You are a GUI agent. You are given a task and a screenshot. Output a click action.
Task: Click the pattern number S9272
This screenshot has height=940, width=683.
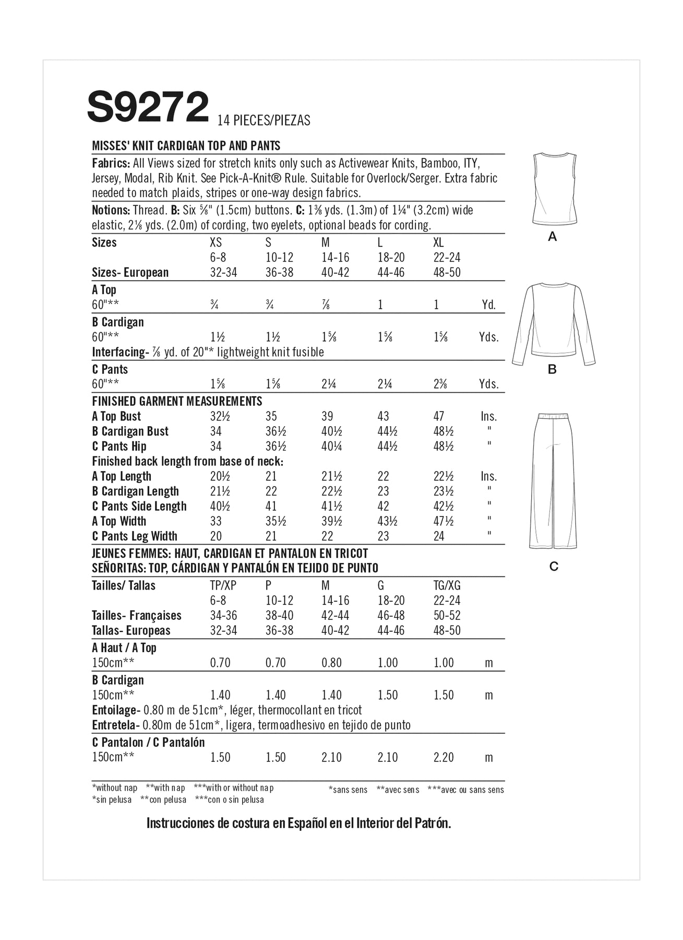tap(148, 108)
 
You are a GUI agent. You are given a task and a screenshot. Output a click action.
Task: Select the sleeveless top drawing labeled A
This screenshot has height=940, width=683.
tap(554, 189)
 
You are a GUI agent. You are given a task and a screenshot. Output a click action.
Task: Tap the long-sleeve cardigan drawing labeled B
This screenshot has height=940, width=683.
tap(553, 323)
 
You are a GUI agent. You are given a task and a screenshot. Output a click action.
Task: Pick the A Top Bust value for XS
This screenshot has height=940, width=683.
tap(219, 417)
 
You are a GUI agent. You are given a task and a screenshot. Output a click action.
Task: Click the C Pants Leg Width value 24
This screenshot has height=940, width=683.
tap(439, 536)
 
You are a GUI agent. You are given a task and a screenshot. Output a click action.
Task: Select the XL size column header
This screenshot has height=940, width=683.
tap(438, 243)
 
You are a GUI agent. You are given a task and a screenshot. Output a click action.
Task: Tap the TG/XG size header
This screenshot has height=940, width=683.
tap(447, 586)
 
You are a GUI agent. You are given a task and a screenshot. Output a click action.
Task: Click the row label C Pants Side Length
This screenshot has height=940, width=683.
tap(139, 507)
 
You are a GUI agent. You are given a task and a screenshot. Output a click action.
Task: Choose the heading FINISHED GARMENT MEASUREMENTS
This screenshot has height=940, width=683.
tap(177, 402)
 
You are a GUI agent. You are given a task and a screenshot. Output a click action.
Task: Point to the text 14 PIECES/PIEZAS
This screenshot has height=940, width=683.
tap(263, 121)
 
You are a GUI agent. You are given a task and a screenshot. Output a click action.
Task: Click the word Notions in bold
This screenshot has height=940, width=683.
tap(110, 210)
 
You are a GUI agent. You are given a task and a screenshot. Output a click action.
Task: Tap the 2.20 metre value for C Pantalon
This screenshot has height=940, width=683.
tap(444, 757)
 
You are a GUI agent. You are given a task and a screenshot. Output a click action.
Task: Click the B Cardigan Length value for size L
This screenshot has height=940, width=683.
tap(383, 491)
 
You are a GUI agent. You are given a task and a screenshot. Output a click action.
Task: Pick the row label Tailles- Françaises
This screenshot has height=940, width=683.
tap(136, 616)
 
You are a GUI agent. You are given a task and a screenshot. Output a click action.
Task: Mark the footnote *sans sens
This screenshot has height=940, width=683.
tap(348, 790)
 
